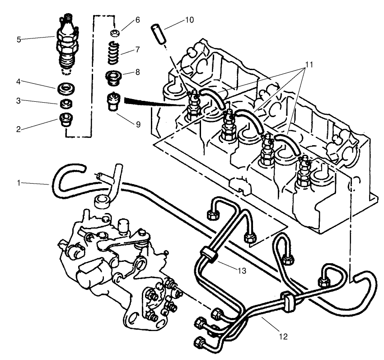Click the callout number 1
click(19, 183)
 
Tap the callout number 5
click(19, 39)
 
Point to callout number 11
click(309, 65)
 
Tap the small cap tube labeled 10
click(158, 33)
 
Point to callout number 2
click(19, 129)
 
